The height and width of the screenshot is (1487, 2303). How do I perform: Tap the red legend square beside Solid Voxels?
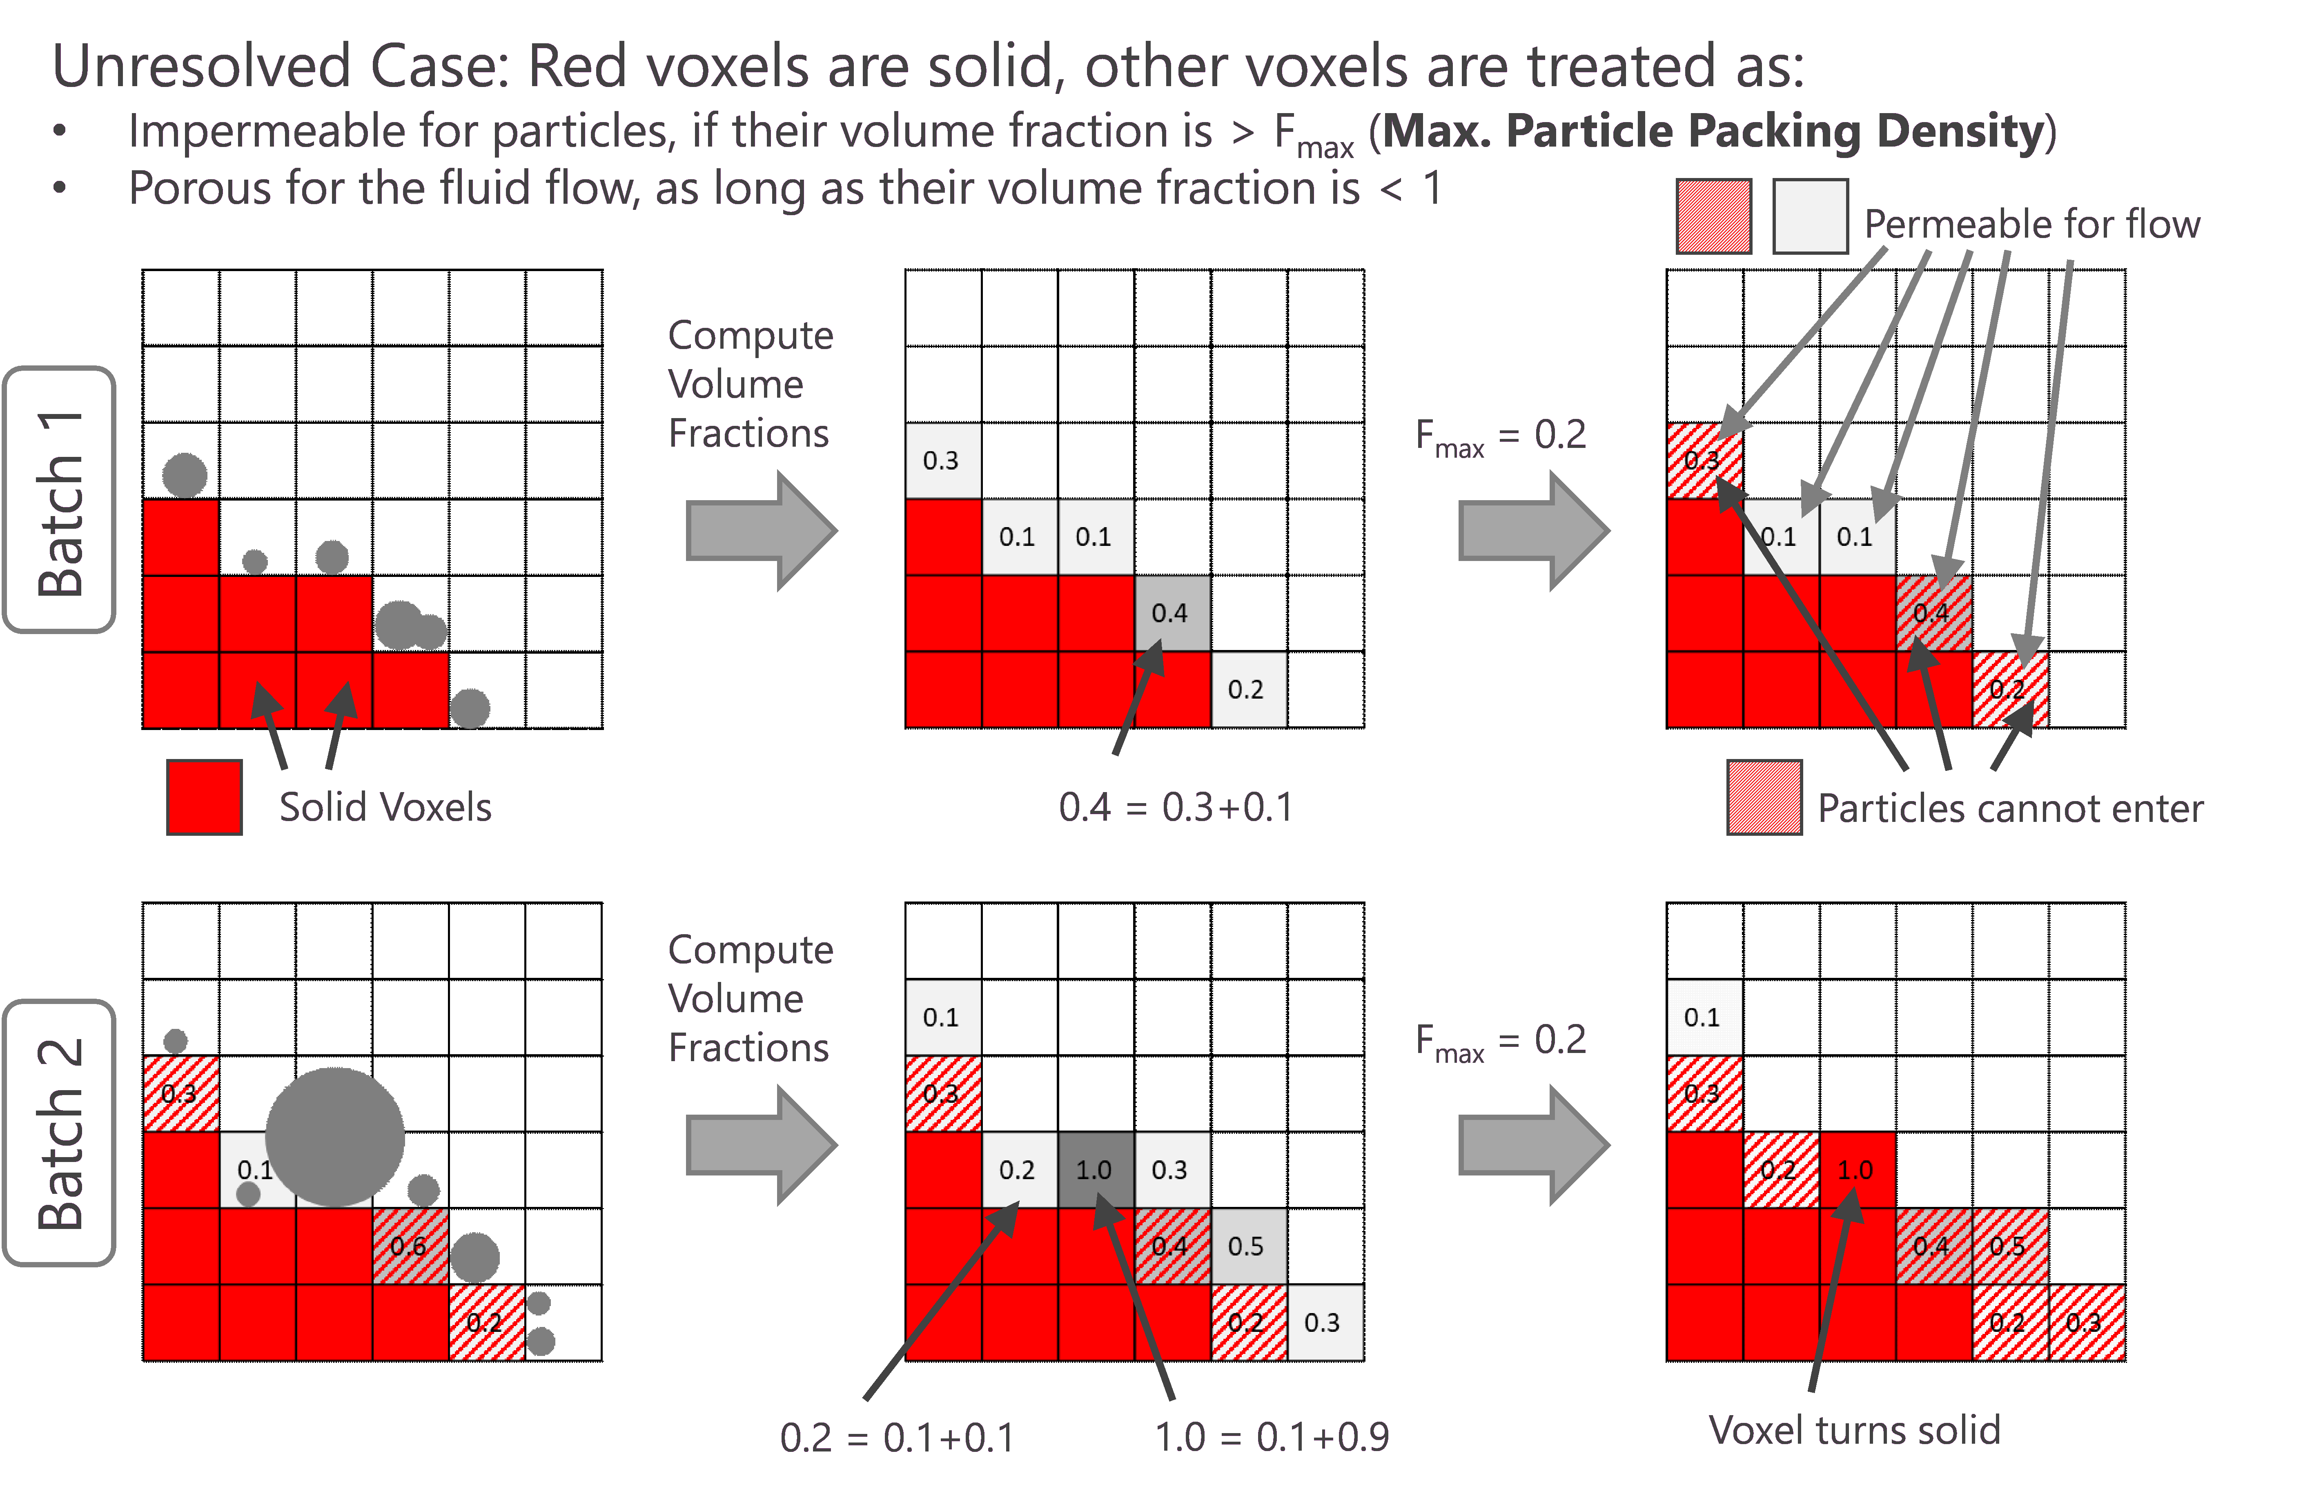click(x=204, y=797)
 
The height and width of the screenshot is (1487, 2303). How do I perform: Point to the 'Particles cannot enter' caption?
click(x=2010, y=808)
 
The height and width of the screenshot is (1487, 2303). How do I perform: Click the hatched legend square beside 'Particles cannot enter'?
click(x=1764, y=797)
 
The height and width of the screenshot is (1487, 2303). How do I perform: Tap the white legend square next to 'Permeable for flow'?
click(x=1811, y=216)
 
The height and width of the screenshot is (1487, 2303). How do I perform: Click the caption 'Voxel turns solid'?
click(x=1854, y=1430)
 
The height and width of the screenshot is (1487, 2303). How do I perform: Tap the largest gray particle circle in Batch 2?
click(x=335, y=1137)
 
